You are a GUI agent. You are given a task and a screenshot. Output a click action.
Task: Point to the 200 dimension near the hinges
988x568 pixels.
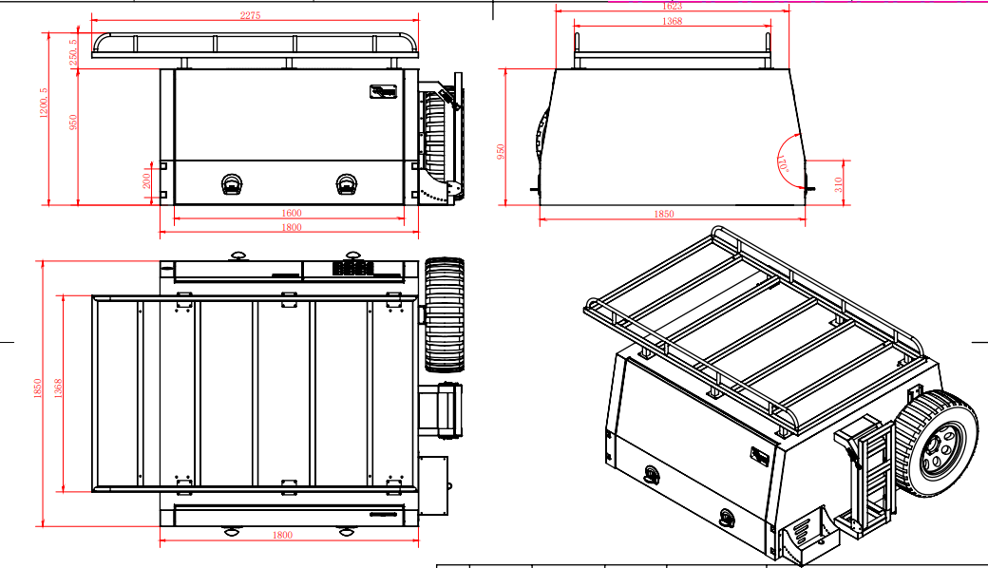pyautogui.click(x=146, y=180)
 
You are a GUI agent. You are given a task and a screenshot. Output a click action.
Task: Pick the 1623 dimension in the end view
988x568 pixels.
pyautogui.click(x=672, y=6)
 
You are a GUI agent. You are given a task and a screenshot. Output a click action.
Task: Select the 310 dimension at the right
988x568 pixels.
pyautogui.click(x=838, y=184)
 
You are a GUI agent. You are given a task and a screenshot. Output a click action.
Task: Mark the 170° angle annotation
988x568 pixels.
pyautogui.click(x=785, y=165)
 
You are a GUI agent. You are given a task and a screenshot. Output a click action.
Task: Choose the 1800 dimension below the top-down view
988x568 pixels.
pyautogui.click(x=282, y=536)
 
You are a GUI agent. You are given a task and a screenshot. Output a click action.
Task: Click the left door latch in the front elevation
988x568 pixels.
pyautogui.click(x=232, y=182)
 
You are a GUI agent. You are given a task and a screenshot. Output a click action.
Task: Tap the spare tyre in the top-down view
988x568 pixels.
pyautogui.click(x=443, y=313)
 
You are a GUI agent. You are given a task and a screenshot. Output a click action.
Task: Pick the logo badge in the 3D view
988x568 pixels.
pyautogui.click(x=759, y=456)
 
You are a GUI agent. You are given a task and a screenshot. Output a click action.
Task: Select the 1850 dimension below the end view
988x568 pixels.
pyautogui.click(x=663, y=215)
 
